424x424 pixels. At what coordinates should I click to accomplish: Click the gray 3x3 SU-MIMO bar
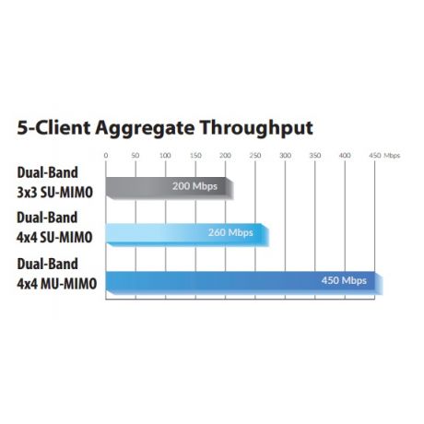click(x=170, y=188)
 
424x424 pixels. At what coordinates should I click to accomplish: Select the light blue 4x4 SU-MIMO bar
click(x=187, y=235)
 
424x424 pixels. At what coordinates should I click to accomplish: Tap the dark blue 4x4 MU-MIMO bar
click(x=244, y=283)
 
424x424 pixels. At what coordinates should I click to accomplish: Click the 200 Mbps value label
click(x=194, y=186)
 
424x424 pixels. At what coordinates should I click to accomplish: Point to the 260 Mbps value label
click(x=230, y=232)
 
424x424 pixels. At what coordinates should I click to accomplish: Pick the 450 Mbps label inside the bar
click(x=344, y=280)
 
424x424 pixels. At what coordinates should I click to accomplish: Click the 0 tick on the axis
click(x=106, y=156)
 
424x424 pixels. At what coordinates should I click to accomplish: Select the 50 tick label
click(x=135, y=156)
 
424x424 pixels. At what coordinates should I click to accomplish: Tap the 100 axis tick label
click(x=165, y=156)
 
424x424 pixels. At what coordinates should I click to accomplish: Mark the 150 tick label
click(x=195, y=156)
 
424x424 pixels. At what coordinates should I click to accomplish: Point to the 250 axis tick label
click(x=255, y=156)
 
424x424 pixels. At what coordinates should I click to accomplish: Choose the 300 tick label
click(x=285, y=156)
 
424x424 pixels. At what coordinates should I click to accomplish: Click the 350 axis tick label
click(x=315, y=156)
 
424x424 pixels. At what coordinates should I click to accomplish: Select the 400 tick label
click(x=345, y=156)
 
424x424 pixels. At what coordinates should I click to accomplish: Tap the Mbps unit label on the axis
click(x=392, y=156)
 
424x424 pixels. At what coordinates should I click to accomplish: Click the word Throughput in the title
click(x=256, y=128)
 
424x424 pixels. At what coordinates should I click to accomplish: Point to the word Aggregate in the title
click(x=145, y=129)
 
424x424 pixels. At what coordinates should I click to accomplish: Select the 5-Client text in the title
click(x=53, y=128)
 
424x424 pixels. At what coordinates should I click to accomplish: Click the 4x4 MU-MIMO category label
click(x=57, y=284)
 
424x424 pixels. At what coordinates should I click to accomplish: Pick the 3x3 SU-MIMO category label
click(x=54, y=193)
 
